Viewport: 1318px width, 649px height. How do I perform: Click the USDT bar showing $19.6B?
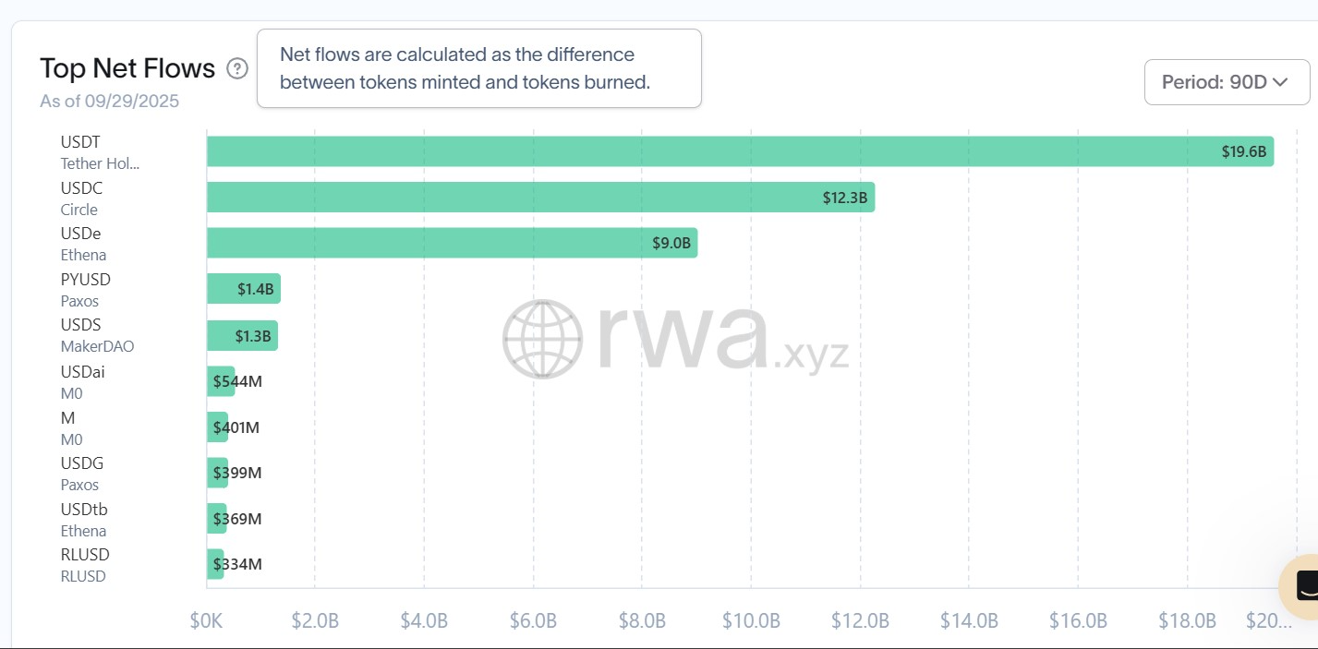click(739, 151)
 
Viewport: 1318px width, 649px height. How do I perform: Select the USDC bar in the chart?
click(540, 197)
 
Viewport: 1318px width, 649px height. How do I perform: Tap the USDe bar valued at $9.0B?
click(452, 243)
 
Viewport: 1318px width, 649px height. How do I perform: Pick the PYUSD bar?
click(243, 288)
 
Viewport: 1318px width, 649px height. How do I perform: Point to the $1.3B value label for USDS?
click(253, 336)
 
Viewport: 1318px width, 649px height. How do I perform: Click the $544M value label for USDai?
click(237, 381)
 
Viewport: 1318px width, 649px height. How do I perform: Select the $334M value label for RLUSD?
click(237, 564)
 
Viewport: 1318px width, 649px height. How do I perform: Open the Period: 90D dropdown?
click(1226, 82)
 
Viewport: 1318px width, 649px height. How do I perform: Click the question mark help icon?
click(237, 68)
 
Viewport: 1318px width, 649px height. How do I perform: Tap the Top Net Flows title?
click(127, 68)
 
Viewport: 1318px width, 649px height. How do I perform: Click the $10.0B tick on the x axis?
click(751, 620)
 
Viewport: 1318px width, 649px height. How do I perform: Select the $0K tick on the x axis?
click(206, 620)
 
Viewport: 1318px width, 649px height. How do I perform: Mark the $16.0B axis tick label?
click(1078, 620)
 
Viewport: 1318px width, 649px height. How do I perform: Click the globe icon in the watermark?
click(543, 339)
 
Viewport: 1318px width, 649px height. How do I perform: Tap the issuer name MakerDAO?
click(97, 347)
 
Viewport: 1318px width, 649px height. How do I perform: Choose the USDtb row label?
click(84, 510)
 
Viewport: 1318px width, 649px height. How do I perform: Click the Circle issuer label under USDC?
click(79, 210)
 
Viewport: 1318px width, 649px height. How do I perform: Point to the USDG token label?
click(82, 463)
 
